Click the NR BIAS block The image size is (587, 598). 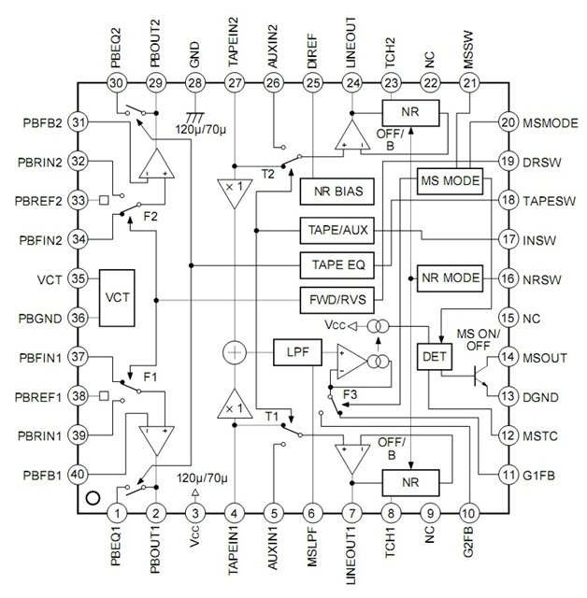point(336,192)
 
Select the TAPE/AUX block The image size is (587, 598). point(336,231)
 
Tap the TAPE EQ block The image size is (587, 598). point(336,265)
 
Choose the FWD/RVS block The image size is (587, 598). point(336,300)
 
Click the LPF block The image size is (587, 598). point(297,352)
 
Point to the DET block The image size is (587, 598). point(435,357)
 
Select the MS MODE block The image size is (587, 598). point(450,181)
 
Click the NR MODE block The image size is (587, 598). point(450,278)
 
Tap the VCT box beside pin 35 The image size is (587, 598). point(117,298)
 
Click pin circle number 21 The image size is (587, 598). point(469,83)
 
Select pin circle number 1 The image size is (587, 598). point(117,513)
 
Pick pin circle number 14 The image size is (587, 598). point(508,357)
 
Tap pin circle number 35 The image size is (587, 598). point(78,278)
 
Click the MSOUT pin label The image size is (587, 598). point(545,358)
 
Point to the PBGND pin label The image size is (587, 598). point(40,319)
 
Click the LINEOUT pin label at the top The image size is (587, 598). point(351,43)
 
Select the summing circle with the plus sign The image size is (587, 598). point(235,352)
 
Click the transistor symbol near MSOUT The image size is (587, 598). point(481,376)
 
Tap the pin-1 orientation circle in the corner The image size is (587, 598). point(93,498)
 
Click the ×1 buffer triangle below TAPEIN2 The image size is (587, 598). point(235,192)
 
